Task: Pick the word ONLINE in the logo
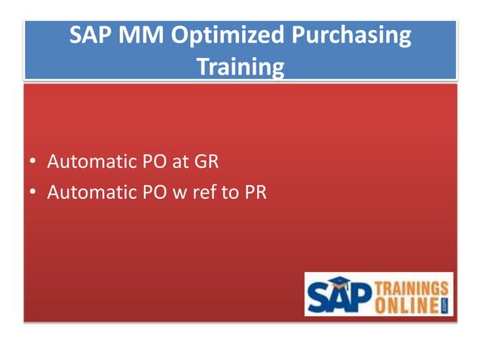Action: tap(406, 304)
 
